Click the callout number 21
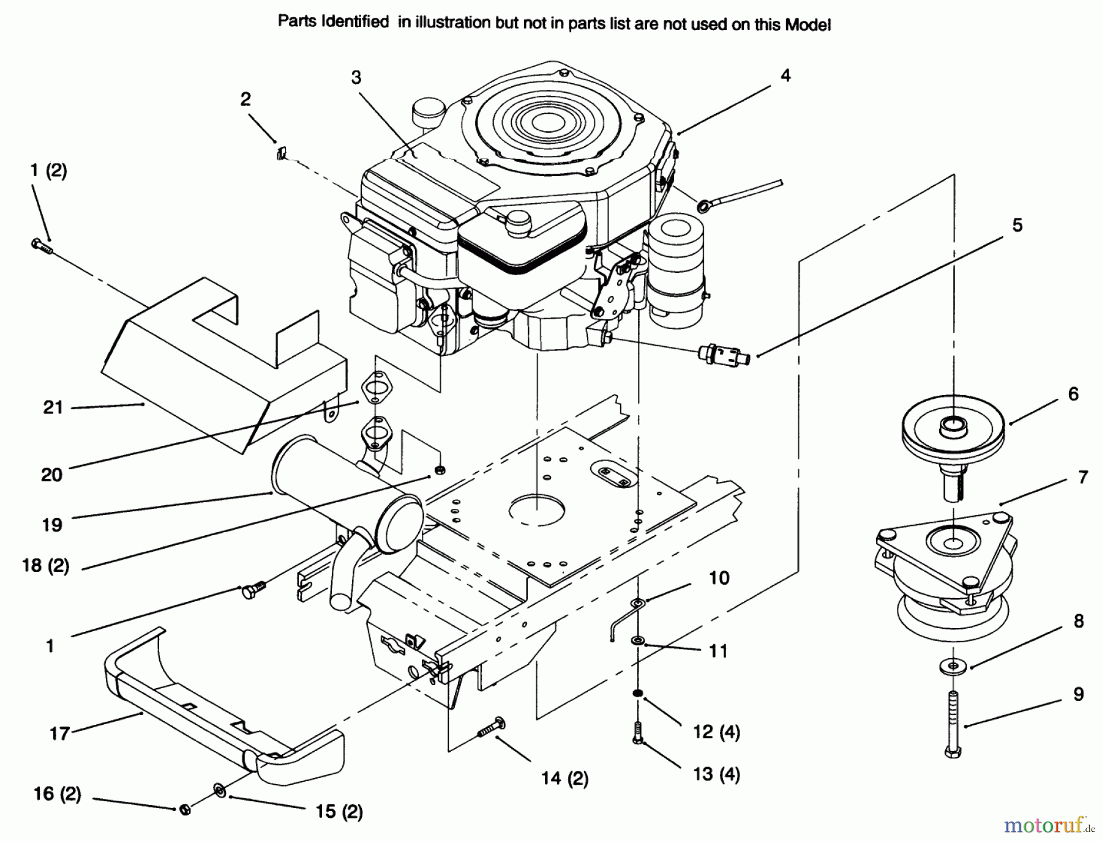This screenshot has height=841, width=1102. pos(53,407)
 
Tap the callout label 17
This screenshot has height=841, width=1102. pos(59,733)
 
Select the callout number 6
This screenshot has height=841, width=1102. pos(1073,394)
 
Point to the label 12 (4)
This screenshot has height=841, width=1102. pos(716,732)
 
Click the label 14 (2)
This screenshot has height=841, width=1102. pos(564,778)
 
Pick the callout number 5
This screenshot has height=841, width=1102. pos(1017,225)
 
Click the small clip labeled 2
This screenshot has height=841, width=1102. pos(280,152)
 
